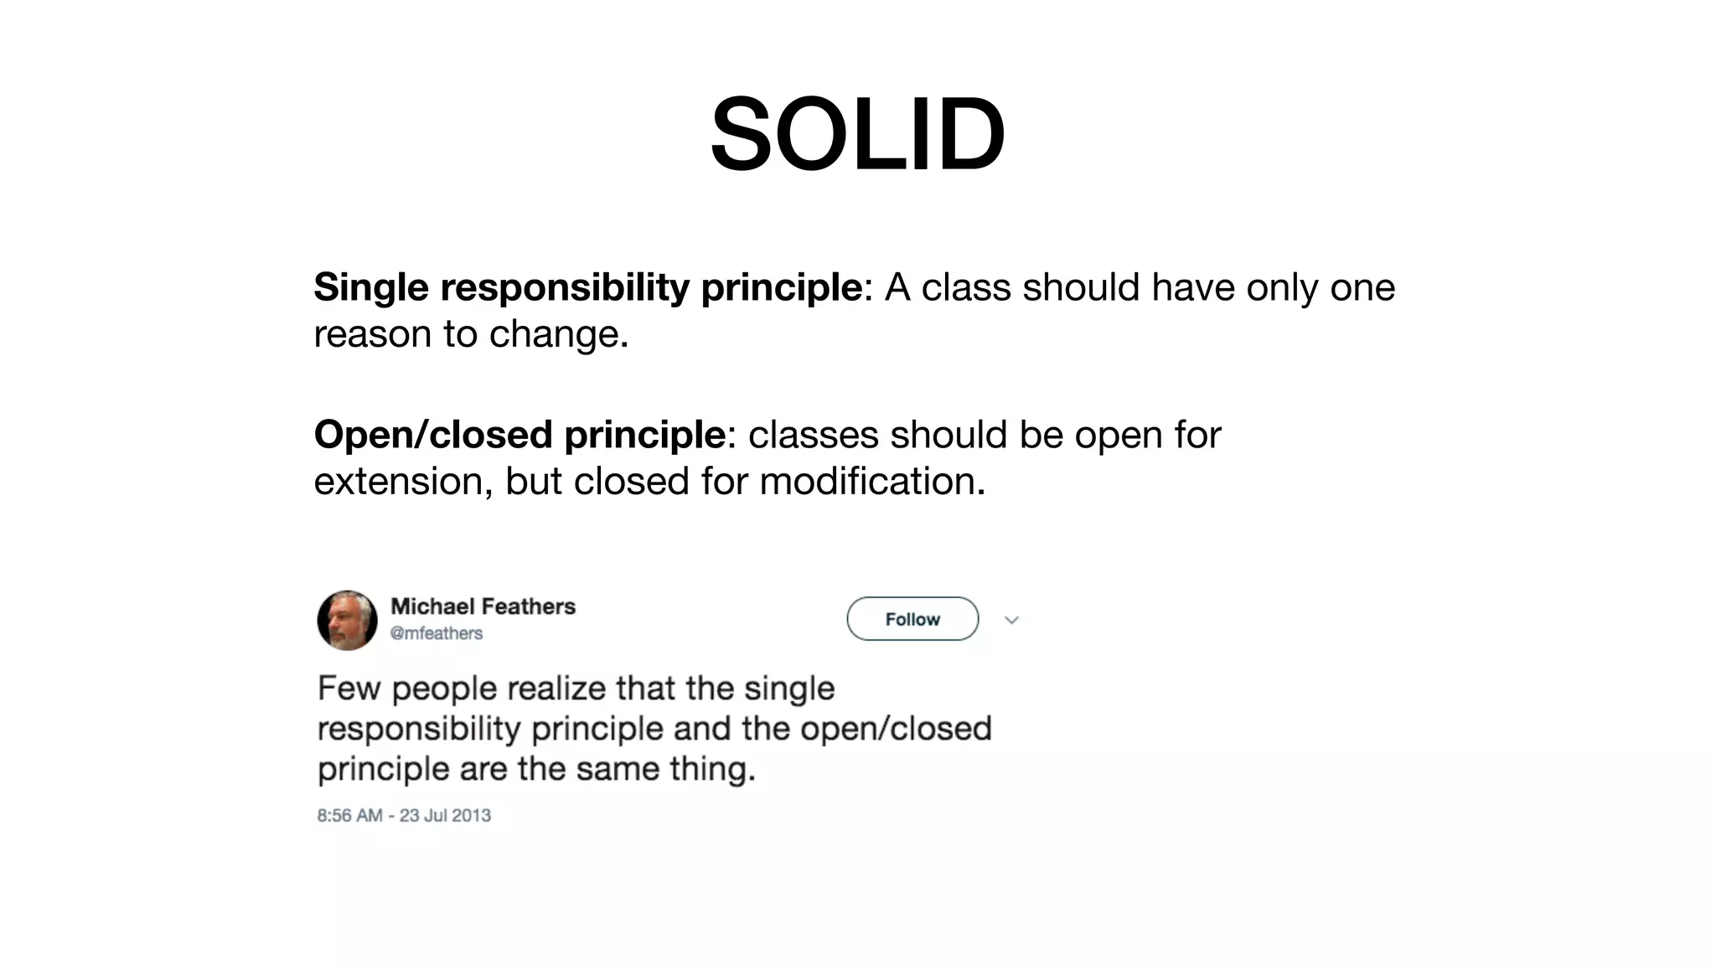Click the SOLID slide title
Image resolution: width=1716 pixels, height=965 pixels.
coord(857,134)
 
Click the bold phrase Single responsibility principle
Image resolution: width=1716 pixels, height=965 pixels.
coord(587,287)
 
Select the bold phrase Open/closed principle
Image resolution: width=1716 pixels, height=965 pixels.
coord(519,435)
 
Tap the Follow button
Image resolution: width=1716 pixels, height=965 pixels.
coord(912,619)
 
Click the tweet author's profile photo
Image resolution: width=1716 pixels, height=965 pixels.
coord(347,620)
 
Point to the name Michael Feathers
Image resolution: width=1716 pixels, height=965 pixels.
coord(483,606)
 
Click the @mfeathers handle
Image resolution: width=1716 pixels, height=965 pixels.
coord(437,633)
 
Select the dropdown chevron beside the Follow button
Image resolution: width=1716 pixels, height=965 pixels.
coord(1011,620)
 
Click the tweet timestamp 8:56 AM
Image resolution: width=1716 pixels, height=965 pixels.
coord(349,815)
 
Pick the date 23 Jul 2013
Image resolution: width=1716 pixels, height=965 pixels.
coord(445,815)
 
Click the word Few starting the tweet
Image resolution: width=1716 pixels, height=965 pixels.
coord(349,689)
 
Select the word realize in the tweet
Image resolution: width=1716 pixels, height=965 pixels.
coord(556,689)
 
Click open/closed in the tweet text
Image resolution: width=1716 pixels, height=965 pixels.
coord(896,729)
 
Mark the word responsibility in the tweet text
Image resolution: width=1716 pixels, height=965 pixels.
coord(419,729)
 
